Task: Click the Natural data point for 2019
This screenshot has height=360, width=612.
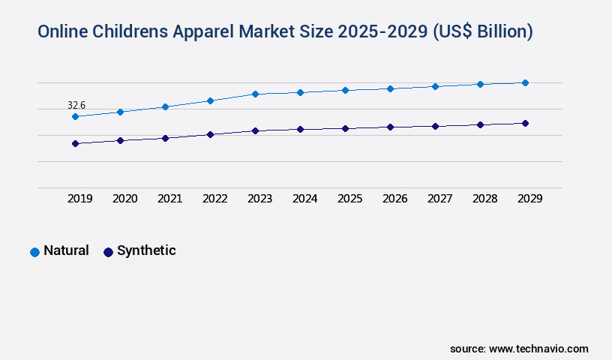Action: [x=75, y=116]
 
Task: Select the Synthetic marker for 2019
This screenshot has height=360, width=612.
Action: [x=75, y=143]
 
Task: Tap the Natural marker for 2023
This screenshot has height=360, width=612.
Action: [x=255, y=94]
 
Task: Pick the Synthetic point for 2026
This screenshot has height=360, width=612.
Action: [x=390, y=127]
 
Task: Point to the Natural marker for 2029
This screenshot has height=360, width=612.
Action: [x=525, y=82]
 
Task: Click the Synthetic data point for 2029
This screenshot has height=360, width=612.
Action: [x=525, y=123]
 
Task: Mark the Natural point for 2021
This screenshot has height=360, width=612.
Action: [x=165, y=106]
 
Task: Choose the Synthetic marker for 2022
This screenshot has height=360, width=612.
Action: [x=210, y=134]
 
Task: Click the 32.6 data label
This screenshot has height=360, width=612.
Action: [x=76, y=105]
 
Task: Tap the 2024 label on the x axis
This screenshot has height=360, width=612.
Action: [x=304, y=199]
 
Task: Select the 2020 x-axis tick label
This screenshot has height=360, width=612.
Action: [x=124, y=199]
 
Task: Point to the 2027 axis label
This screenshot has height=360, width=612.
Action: [x=439, y=199]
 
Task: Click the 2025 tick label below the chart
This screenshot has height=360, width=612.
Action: [x=349, y=199]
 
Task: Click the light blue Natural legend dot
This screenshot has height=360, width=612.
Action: [x=34, y=252]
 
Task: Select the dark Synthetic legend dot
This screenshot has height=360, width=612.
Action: [x=108, y=252]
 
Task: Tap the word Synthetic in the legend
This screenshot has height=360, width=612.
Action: [x=146, y=250]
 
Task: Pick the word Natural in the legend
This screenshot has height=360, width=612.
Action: [x=66, y=250]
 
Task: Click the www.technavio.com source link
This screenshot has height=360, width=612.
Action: [x=538, y=349]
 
